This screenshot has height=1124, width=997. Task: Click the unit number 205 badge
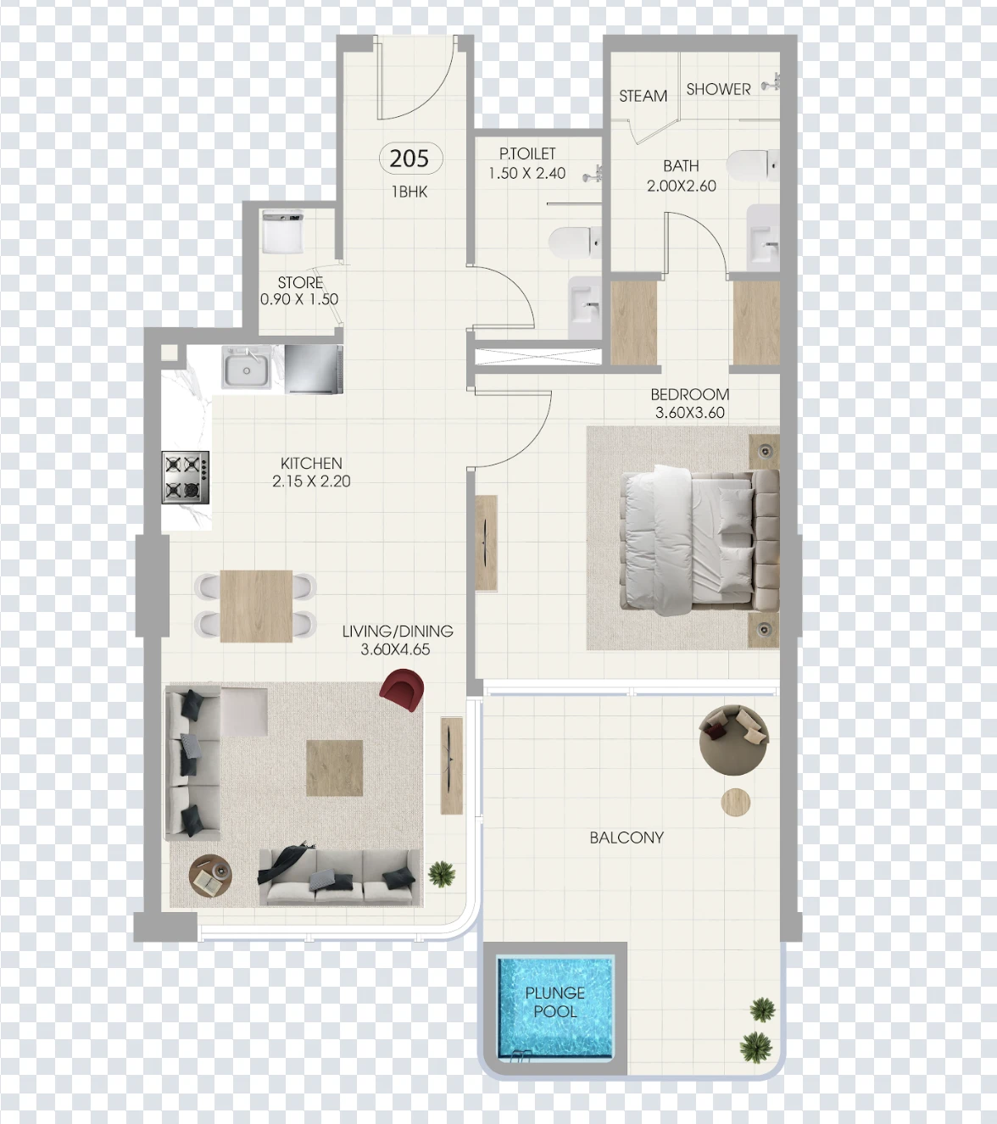(x=410, y=159)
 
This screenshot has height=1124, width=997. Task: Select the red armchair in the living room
(x=402, y=690)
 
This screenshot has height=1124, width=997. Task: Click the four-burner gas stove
(x=186, y=477)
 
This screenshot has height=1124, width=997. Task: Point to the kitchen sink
(x=247, y=367)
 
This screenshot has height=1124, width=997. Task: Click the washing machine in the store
(x=283, y=232)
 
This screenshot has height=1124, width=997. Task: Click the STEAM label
(x=643, y=96)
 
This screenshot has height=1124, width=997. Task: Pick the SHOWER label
(x=718, y=89)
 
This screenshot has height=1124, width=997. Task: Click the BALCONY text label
(x=627, y=837)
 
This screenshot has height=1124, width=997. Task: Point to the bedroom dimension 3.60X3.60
(x=689, y=413)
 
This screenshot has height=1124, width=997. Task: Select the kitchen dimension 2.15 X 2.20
(x=311, y=481)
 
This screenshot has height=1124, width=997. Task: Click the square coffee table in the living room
(x=335, y=768)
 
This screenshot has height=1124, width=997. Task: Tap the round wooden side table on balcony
(x=736, y=802)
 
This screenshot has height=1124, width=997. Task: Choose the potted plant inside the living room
(x=442, y=874)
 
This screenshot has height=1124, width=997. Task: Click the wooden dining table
(x=256, y=606)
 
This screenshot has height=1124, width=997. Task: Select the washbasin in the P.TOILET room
(x=585, y=307)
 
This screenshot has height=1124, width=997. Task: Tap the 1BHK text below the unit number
(x=409, y=192)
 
